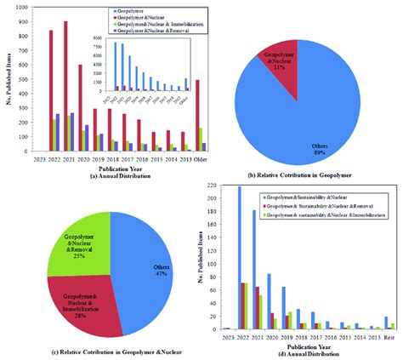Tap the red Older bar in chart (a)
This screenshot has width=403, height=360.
pos(198,115)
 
